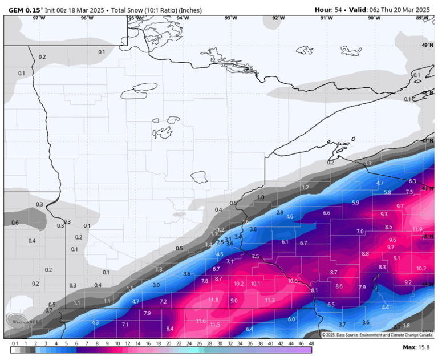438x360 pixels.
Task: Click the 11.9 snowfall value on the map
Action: point(417,229)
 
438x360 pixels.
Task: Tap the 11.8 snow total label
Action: point(213,300)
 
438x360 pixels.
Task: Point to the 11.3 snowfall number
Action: point(270,300)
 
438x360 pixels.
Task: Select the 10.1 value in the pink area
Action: point(255,284)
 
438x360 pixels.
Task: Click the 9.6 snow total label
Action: point(392,240)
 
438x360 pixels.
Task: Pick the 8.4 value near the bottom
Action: point(169,329)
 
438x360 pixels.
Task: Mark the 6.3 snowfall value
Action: point(412,181)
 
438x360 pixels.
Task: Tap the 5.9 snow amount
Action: point(356,203)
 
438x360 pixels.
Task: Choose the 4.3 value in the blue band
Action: point(95,322)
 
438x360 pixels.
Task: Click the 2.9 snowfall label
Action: point(279,212)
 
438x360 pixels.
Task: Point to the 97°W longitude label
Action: point(39,18)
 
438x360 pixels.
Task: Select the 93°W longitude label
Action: point(230,18)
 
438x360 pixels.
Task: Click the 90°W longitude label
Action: point(374,18)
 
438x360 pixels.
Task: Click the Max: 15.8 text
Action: point(416,347)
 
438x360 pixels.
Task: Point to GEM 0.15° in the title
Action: point(25,9)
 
